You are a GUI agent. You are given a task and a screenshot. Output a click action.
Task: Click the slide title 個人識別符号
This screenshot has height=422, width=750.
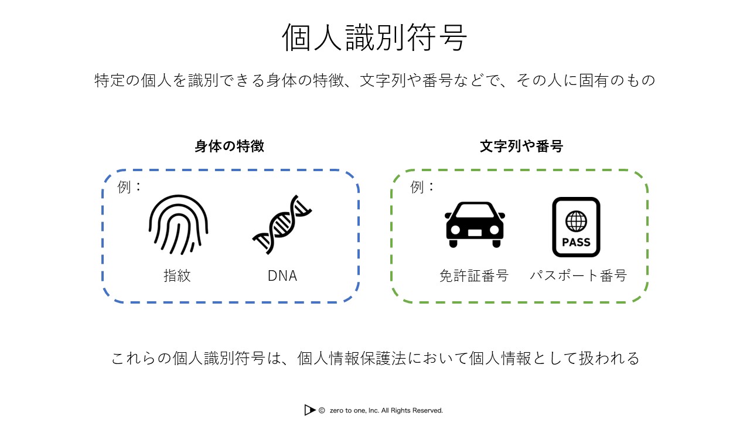coord(374,38)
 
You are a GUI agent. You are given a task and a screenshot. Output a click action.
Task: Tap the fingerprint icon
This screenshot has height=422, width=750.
coord(178,224)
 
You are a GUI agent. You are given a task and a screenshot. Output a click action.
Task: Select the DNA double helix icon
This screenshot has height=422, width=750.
coord(282,224)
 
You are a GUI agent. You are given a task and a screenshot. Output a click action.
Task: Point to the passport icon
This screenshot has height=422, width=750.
coord(576,227)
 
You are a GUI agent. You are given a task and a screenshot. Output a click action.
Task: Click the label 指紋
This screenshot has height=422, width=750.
coord(177,275)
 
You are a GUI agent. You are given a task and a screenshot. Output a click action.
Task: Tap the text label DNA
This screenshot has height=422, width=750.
coord(282,275)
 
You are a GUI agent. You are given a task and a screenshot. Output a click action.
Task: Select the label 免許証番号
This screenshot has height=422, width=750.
coord(474,275)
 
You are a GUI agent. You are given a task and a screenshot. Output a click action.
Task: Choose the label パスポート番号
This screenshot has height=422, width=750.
coord(578,275)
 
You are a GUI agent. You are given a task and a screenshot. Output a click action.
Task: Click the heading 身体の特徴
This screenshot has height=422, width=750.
coord(229,147)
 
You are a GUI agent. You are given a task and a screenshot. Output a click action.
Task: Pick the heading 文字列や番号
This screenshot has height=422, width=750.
coord(521,147)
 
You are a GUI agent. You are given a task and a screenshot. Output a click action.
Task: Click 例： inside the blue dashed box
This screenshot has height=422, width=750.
coord(130,187)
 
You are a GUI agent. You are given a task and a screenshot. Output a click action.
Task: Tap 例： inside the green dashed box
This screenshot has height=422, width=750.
coord(423,187)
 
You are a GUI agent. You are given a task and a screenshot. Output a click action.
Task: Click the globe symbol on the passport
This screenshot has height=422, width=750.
coord(576,221)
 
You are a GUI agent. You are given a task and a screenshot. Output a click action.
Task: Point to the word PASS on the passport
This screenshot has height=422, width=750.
coord(576,242)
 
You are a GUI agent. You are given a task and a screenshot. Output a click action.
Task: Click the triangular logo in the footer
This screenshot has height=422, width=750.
coord(310,410)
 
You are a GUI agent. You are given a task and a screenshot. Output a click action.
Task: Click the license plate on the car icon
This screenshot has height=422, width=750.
coord(475,232)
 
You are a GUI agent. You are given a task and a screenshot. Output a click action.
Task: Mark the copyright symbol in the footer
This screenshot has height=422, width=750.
coord(322,410)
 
